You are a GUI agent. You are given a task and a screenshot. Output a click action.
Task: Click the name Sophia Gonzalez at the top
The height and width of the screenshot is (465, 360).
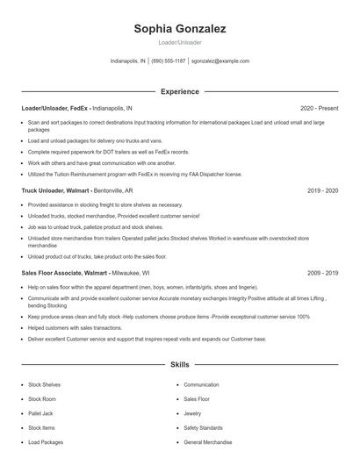pos(180,29)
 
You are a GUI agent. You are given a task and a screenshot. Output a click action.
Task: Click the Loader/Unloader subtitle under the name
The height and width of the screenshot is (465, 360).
pos(180,42)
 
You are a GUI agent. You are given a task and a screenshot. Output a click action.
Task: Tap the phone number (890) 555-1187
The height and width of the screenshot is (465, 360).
pos(169,61)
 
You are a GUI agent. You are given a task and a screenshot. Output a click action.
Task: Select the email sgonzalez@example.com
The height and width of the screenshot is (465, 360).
pos(220,61)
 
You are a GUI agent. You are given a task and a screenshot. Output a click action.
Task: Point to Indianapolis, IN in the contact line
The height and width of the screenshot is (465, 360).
pos(128,61)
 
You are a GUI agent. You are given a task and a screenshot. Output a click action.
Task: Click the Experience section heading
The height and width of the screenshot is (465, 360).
pos(180,91)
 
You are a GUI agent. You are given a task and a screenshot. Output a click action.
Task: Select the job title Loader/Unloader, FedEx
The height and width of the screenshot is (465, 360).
pos(55,108)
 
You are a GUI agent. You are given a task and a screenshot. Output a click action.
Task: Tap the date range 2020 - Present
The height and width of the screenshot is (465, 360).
pos(319,108)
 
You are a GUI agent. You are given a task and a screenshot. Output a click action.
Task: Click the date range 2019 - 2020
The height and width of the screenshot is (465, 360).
pos(323,190)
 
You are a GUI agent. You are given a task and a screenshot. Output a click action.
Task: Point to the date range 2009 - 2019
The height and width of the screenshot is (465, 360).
pos(323,273)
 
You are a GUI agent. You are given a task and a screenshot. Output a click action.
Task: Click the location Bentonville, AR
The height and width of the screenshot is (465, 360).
pos(115,190)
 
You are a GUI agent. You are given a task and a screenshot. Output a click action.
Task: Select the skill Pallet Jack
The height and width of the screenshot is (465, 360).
pos(40,413)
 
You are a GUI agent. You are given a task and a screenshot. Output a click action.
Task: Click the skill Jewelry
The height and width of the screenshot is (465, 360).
pos(192,413)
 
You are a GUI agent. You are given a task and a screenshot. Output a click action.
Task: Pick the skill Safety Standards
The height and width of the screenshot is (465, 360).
pos(204,427)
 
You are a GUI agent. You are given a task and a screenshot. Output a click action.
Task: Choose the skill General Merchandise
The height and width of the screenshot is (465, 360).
pos(208,442)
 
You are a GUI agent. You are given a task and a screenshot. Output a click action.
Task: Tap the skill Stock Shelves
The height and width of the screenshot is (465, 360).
pos(45,384)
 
